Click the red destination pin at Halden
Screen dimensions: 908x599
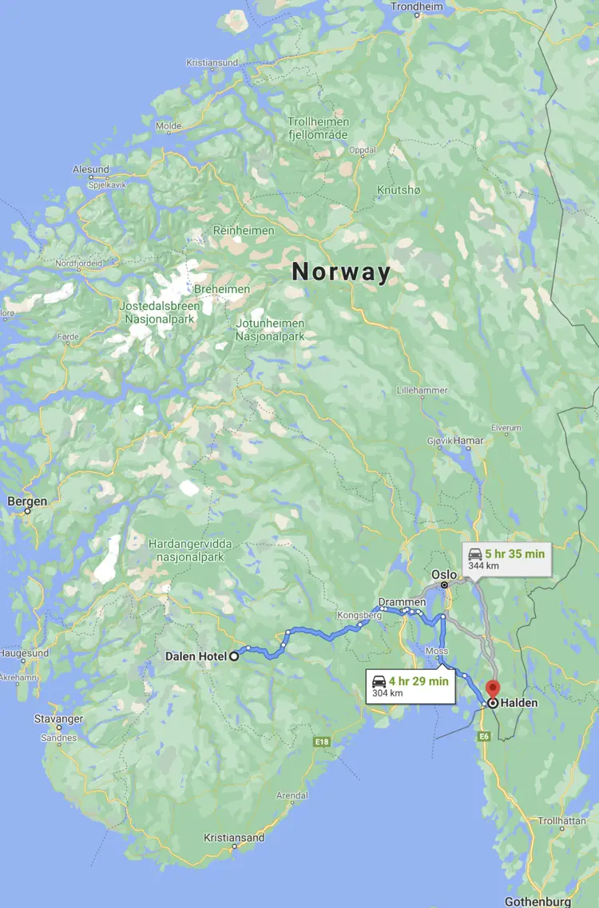point(493,688)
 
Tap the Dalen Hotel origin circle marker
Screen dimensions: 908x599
point(235,656)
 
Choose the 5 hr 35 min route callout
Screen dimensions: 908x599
point(506,558)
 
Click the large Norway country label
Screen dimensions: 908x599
point(342,272)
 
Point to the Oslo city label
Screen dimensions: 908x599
point(444,575)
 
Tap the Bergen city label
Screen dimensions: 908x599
point(27,502)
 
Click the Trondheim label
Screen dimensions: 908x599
point(417,6)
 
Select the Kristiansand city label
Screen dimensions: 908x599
point(234,838)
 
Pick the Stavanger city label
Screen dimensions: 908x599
point(58,719)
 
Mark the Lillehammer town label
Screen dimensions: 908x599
point(423,390)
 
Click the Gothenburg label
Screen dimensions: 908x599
point(538,902)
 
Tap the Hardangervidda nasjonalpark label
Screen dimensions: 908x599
point(190,549)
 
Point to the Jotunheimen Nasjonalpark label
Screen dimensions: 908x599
point(270,330)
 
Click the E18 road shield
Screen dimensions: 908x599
point(321,742)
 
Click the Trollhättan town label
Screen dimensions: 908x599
point(561,821)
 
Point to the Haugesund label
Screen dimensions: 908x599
point(24,653)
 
